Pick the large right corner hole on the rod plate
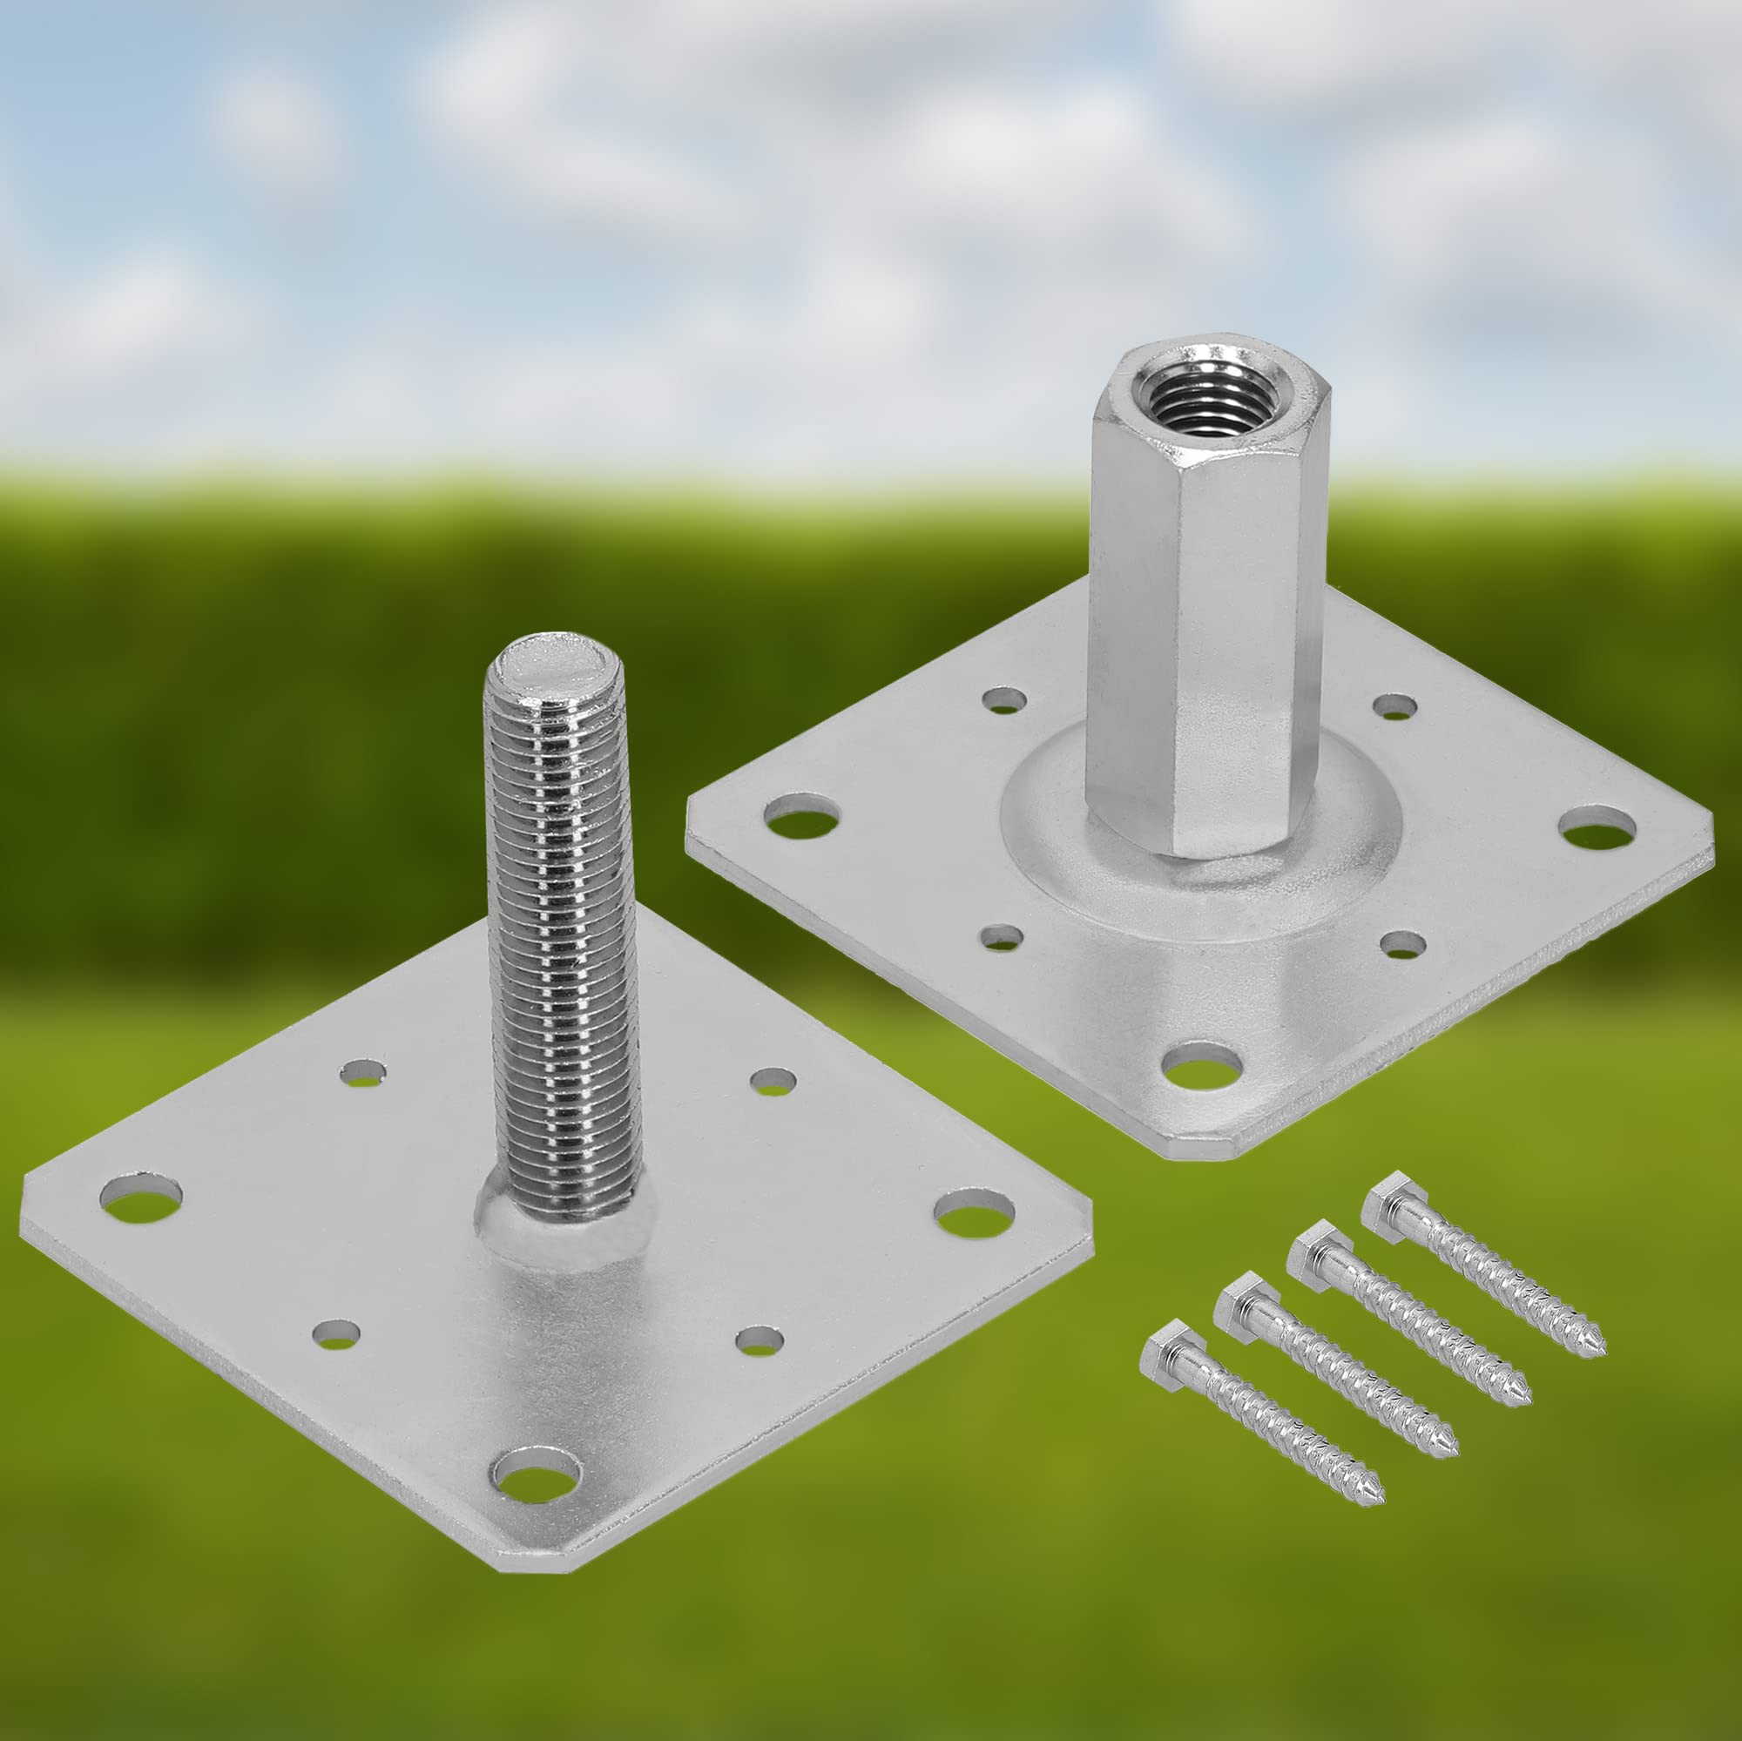(974, 1212)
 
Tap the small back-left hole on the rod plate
(363, 1072)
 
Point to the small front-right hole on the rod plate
(759, 1339)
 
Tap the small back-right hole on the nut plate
(1394, 707)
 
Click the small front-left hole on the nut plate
(1002, 938)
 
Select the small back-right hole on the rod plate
(773, 1081)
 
